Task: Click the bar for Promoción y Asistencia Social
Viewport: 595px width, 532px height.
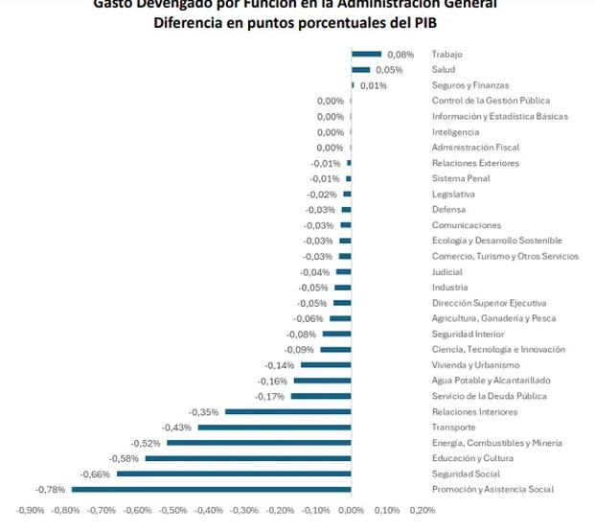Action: tap(212, 490)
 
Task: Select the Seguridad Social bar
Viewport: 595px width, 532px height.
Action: tap(234, 474)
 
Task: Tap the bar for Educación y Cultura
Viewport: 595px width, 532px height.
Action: tap(248, 458)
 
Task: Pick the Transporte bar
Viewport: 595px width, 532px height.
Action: tap(275, 428)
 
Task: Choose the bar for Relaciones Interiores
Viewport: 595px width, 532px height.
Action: tap(288, 412)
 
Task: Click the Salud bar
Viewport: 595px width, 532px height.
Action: tap(361, 70)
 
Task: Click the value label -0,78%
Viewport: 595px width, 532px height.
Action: tap(51, 490)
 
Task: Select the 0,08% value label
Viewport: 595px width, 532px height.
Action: tap(400, 55)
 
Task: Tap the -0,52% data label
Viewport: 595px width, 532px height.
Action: tap(146, 443)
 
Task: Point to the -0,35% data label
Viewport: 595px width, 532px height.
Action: tap(205, 412)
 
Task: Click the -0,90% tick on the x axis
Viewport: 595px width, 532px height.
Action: tap(31, 510)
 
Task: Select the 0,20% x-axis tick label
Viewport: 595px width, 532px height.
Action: tap(422, 510)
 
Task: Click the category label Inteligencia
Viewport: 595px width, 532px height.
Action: tap(456, 132)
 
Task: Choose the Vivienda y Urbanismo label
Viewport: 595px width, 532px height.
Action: tap(475, 365)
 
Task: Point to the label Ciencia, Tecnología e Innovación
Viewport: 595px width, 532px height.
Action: tap(498, 350)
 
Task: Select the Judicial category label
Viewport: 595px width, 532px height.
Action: tap(447, 272)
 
